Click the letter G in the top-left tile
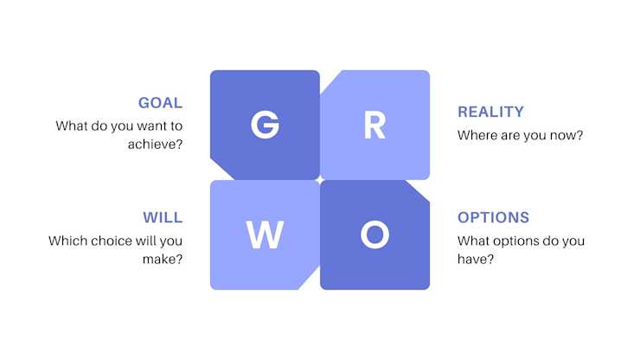point(265,125)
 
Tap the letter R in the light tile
point(374,125)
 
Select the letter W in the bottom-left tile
point(265,235)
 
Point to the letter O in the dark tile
point(374,235)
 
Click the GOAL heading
point(160,103)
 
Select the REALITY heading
point(490,112)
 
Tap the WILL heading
point(163,217)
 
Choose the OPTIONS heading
point(493,217)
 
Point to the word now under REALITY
point(567,135)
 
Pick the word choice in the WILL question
point(112,241)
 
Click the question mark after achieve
point(178,144)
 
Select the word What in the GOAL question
point(72,126)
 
